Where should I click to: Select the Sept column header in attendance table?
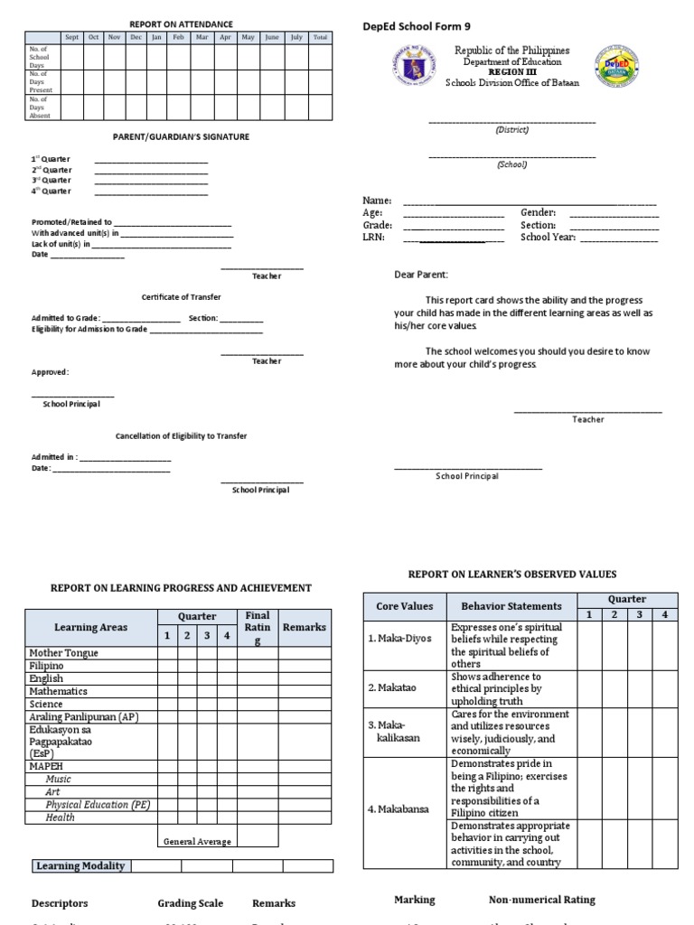(71, 37)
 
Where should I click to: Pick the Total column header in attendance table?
(320, 37)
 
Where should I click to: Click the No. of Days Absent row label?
(41, 107)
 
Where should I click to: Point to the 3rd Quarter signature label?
(52, 181)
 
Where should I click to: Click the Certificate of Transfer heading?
(181, 297)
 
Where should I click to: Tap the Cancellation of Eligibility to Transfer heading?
(181, 436)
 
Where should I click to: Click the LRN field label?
(373, 238)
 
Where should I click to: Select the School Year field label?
(548, 238)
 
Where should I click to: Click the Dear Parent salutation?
(420, 275)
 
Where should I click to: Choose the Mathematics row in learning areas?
(59, 691)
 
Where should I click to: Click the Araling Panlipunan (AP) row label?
(83, 716)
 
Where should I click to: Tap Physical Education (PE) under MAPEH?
(98, 804)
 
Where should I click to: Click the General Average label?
(197, 841)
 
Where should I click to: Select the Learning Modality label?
(80, 866)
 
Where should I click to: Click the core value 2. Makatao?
(391, 687)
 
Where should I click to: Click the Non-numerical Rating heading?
(541, 900)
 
